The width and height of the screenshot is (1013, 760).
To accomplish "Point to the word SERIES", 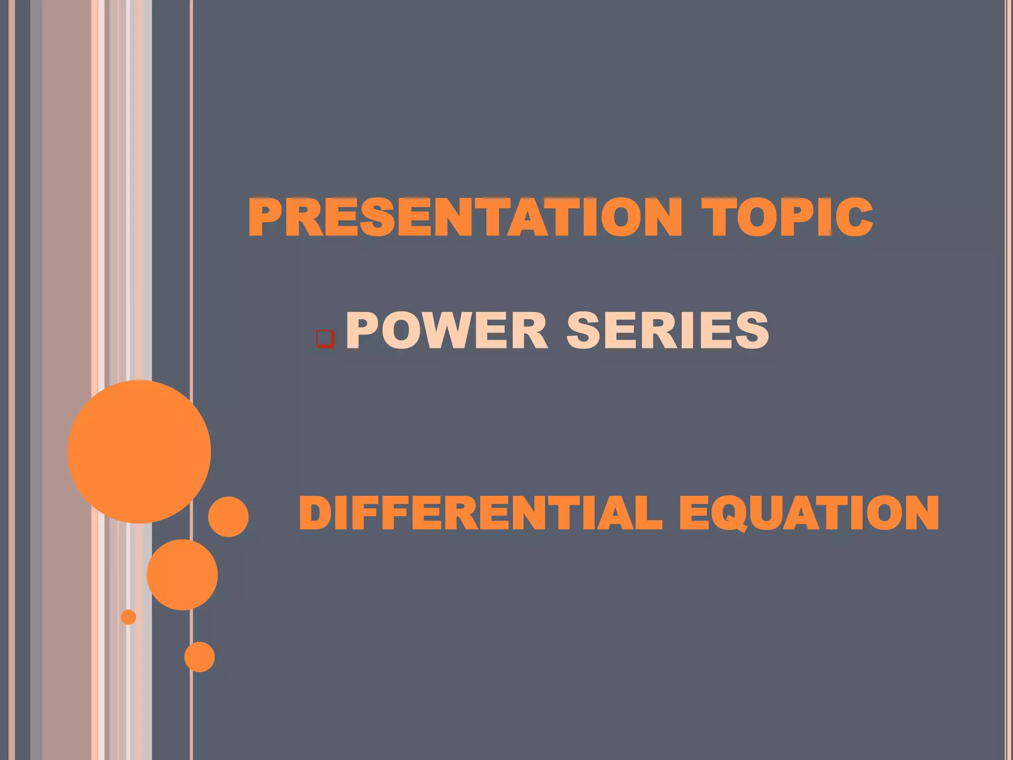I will click(668, 330).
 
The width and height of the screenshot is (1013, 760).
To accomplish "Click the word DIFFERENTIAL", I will click(480, 513).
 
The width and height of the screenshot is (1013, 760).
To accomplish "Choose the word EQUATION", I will click(809, 513).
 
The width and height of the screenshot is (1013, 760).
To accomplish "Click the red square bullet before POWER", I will click(325, 339).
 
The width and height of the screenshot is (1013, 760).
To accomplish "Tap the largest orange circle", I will click(139, 451).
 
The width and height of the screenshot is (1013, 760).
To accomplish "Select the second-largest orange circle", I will click(182, 574).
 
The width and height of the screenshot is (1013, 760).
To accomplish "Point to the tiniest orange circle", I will click(129, 617).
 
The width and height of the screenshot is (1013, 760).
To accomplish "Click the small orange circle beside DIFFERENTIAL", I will click(228, 517).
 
